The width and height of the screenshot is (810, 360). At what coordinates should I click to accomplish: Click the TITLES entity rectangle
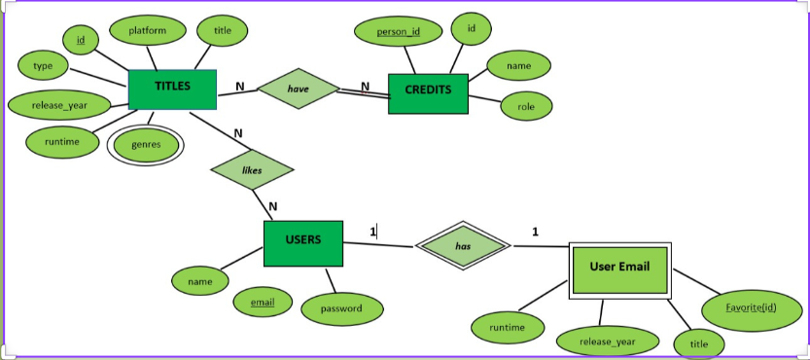(172, 89)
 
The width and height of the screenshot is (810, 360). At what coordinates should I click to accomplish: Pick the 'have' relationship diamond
(298, 89)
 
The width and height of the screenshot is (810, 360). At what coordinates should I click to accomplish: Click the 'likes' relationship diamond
(252, 170)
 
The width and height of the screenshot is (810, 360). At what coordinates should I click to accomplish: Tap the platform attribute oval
(147, 30)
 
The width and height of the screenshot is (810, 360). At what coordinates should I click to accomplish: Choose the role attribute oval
(526, 106)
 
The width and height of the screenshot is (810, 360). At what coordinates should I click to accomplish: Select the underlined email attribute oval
(263, 303)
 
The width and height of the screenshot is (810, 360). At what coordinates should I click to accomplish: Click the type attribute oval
(43, 65)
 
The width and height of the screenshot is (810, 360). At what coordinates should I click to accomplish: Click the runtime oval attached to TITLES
(62, 142)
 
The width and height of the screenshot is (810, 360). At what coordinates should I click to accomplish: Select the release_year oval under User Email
(607, 342)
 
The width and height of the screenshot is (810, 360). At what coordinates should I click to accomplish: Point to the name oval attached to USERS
(199, 281)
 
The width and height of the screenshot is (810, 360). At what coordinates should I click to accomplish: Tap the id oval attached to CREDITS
(471, 29)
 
